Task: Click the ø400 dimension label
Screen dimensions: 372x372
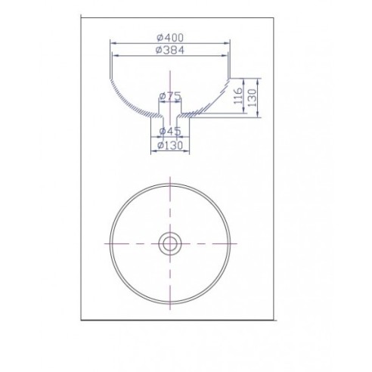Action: click(x=170, y=38)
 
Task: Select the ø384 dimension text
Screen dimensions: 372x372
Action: click(x=170, y=50)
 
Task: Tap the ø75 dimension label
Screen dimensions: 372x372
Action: click(x=170, y=96)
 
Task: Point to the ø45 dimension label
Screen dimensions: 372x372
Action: click(x=170, y=131)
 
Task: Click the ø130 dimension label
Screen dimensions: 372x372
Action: click(x=170, y=145)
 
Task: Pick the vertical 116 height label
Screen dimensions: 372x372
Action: click(x=238, y=96)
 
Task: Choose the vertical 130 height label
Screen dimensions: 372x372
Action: click(x=252, y=98)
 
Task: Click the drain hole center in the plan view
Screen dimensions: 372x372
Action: click(x=170, y=243)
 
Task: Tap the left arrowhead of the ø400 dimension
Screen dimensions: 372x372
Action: click(x=113, y=43)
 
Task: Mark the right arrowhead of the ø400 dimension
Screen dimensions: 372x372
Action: click(x=227, y=43)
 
